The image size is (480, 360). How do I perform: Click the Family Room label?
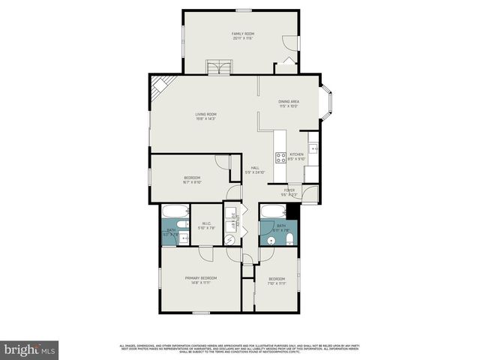pyautogui.click(x=242, y=34)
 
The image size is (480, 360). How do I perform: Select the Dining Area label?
pyautogui.click(x=289, y=101)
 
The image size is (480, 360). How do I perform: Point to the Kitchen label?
pyautogui.click(x=296, y=154)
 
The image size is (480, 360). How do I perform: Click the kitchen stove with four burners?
pyautogui.click(x=280, y=157)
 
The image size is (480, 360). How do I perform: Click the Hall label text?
pyautogui.click(x=255, y=167)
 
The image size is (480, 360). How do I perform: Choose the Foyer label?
pyautogui.click(x=289, y=190)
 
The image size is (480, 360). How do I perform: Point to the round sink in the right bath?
pyautogui.click(x=271, y=240)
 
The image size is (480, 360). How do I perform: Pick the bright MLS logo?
pyautogui.click(x=30, y=349)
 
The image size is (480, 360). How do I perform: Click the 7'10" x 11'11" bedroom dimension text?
pyautogui.click(x=277, y=283)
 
